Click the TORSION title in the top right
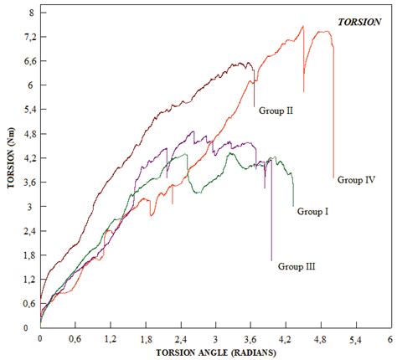tap(362, 23)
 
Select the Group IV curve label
tap(355, 179)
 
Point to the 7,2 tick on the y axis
tap(28, 38)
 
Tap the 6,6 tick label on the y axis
tap(28, 62)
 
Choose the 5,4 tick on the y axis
tap(28, 111)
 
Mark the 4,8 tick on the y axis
tap(28, 134)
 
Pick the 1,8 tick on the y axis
tap(28, 255)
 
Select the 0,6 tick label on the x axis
tap(75, 339)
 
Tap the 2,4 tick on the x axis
tap(180, 339)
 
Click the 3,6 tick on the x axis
tap(250, 339)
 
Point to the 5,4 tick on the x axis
tap(355, 339)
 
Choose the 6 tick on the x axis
tap(390, 339)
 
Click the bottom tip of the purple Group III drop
tap(271, 260)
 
